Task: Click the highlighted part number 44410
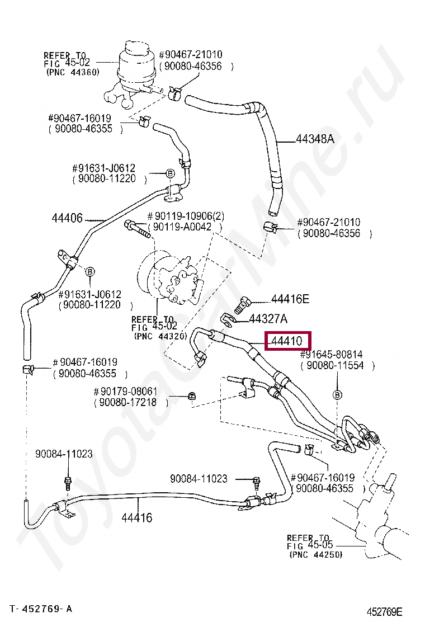286,341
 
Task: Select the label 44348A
315,139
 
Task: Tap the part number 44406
67,218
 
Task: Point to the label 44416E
290,299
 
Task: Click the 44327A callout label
268,319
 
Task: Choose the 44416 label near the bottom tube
137,517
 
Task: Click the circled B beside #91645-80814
337,395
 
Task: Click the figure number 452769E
385,612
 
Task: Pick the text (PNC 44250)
316,554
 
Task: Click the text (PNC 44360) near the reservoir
73,72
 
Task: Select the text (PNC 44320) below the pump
160,336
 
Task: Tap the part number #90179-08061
125,392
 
